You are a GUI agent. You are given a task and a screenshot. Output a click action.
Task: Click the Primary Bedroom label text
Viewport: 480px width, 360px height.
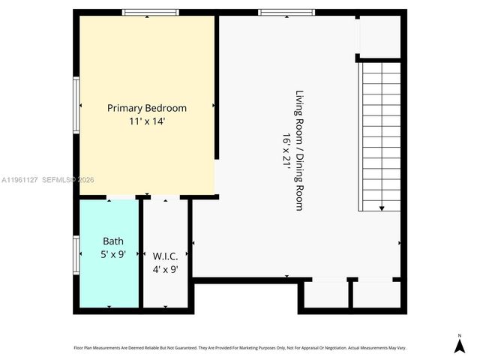point(147,108)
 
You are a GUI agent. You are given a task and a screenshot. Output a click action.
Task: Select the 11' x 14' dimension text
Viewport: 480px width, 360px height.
point(147,121)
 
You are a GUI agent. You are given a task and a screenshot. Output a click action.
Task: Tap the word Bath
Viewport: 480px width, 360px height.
point(113,241)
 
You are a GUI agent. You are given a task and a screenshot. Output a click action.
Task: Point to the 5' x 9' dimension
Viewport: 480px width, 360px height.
point(113,253)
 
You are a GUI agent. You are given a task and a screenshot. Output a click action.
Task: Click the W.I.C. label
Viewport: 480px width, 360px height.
point(164,256)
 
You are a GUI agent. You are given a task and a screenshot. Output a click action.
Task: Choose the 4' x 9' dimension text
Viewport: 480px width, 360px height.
point(164,269)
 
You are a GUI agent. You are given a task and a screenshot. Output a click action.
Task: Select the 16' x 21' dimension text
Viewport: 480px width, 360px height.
point(286,150)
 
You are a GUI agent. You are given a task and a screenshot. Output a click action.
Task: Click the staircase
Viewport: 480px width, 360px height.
point(381,135)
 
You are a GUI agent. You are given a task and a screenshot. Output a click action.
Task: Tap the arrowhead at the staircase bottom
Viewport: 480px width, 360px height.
point(382,208)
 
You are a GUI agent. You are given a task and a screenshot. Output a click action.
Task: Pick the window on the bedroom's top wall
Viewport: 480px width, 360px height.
point(151,12)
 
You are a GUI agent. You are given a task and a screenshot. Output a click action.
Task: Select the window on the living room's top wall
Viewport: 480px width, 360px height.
point(286,12)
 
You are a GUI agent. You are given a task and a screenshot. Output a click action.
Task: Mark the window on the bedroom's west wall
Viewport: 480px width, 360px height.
point(76,106)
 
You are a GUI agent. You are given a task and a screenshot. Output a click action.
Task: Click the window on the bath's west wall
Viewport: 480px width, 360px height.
point(76,255)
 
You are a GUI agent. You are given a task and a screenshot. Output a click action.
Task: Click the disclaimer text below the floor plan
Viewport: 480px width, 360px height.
point(239,348)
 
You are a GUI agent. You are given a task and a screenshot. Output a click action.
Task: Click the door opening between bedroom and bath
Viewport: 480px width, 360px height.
point(120,197)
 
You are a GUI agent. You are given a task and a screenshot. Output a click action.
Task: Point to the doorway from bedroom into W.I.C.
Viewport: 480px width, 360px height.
point(164,197)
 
